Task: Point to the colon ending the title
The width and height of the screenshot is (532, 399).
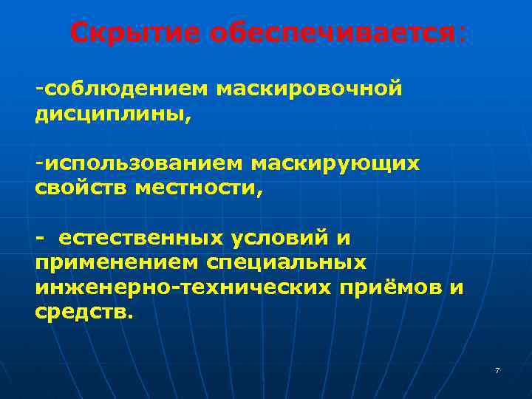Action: coord(463,34)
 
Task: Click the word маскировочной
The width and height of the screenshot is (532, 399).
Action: coord(310,89)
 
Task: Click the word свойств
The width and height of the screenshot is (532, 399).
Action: coord(81,188)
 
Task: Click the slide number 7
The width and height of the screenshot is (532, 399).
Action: coord(497,370)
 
